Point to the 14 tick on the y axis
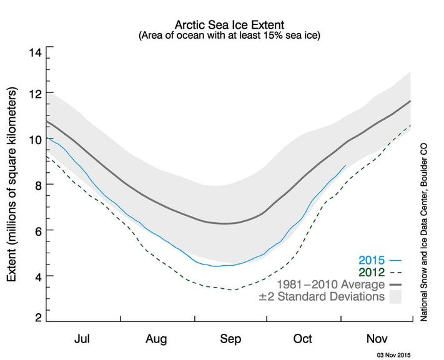36,52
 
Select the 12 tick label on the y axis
36,94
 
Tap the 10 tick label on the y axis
36,139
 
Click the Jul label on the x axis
83,339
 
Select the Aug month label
156,339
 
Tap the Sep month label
230,339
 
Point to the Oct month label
303,339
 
